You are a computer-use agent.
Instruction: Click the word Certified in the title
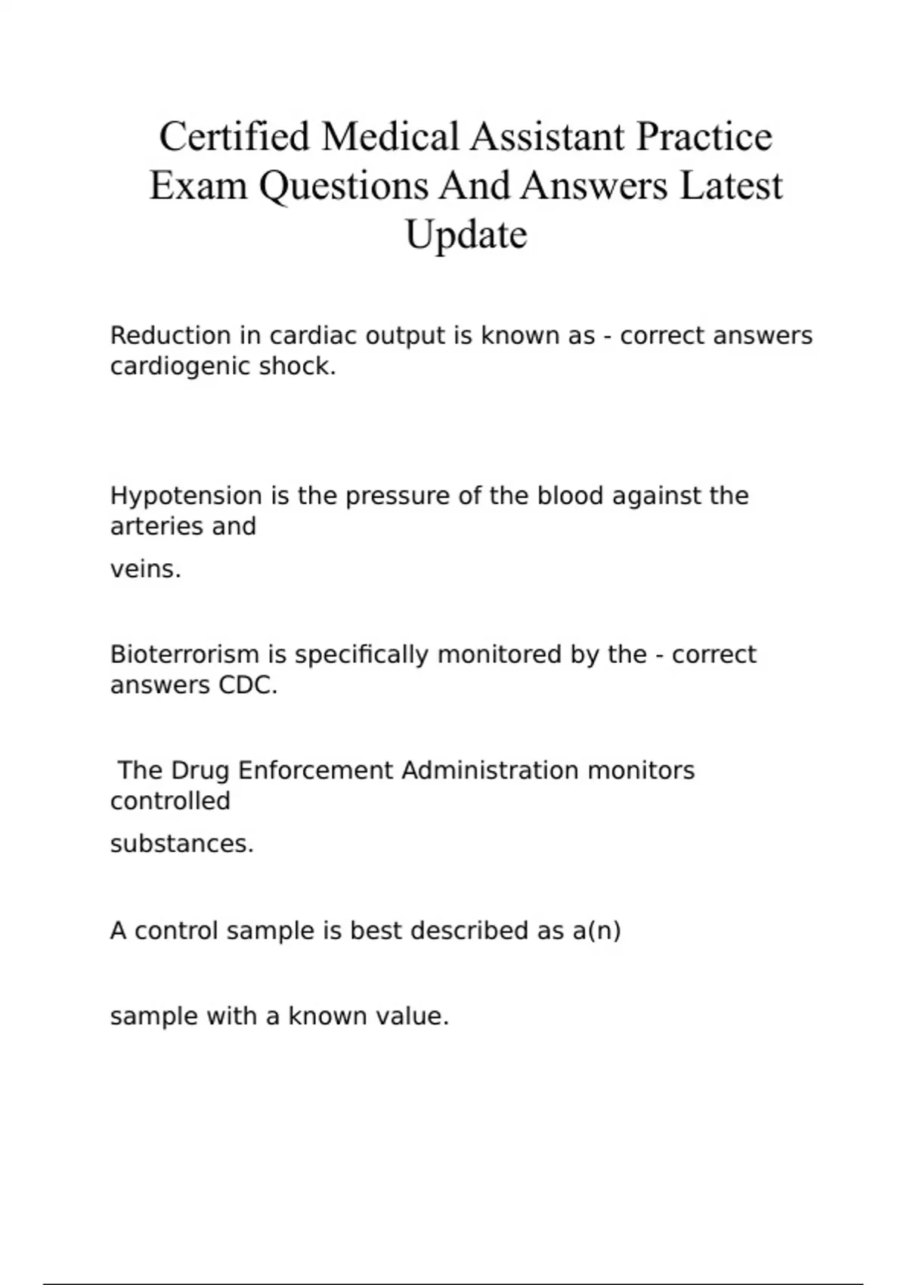[234, 137]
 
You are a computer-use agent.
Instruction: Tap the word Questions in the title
[343, 186]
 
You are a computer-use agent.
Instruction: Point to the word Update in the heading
[466, 234]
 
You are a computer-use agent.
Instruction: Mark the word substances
[181, 844]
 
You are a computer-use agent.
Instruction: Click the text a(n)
[596, 930]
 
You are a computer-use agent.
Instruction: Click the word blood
[570, 496]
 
